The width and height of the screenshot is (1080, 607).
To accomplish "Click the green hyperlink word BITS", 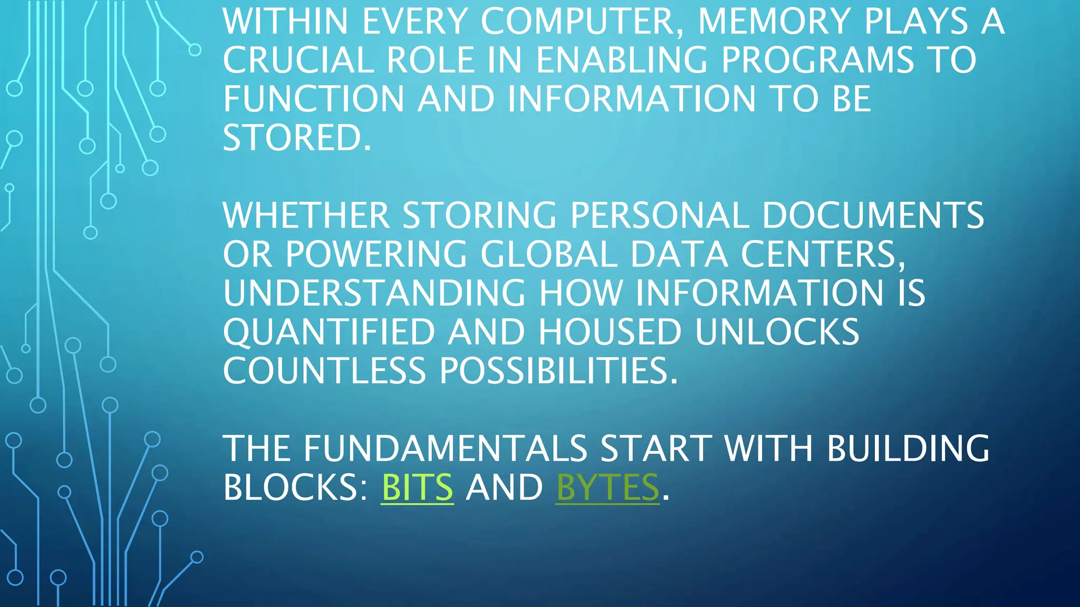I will [417, 487].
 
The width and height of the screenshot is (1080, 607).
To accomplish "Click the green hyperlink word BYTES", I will [607, 487].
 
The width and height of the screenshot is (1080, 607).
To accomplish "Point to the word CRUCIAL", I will [298, 60].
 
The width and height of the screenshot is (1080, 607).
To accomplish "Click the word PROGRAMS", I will [817, 60].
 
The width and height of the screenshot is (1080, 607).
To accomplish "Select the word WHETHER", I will [306, 216].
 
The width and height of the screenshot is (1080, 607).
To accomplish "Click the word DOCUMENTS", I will [873, 216].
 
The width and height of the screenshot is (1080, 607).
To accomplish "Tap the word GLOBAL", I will [548, 254].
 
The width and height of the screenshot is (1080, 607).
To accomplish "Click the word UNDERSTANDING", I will [374, 293].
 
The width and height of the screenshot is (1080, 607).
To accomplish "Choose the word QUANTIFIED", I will [329, 332].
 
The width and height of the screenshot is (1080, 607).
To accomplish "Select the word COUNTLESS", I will [324, 371].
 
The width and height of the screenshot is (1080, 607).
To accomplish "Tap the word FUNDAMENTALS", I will [446, 448].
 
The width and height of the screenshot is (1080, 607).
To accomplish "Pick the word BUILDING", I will [908, 448].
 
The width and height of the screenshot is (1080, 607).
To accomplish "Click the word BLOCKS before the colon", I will [292, 487].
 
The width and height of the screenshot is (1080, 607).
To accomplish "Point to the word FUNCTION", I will [314, 99].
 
